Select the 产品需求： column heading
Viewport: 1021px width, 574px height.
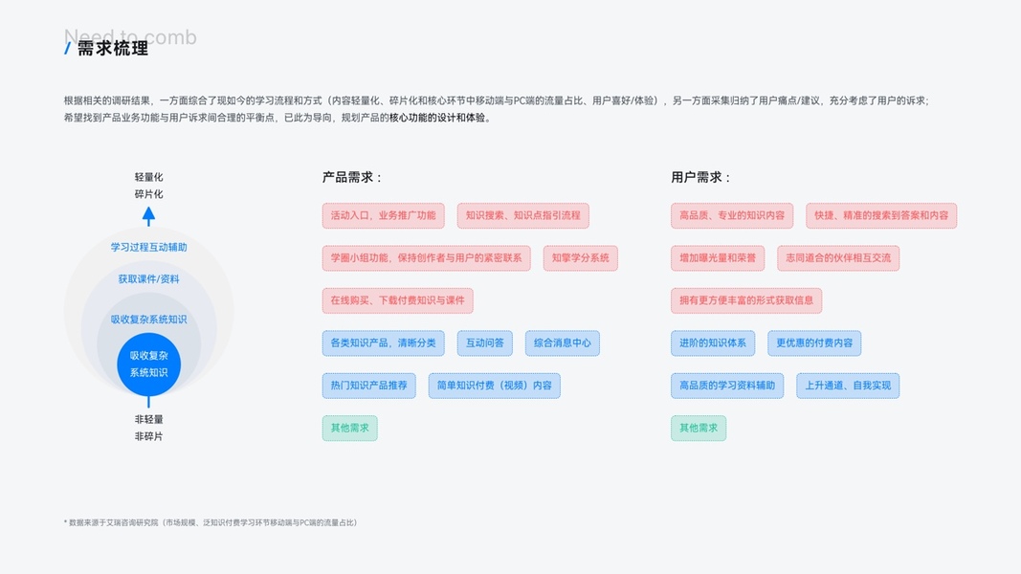352,177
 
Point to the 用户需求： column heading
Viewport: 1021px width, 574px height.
701,177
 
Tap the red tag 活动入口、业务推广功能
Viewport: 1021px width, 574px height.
383,215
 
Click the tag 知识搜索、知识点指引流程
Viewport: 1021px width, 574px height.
522,215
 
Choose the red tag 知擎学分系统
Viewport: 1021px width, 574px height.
580,258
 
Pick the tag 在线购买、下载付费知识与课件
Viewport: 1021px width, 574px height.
397,300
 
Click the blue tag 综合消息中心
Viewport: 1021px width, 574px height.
562,342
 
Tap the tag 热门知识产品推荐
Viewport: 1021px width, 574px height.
368,386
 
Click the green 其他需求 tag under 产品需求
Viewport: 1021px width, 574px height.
349,428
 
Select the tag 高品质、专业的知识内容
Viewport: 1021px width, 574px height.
732,215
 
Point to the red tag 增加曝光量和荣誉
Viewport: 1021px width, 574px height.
718,258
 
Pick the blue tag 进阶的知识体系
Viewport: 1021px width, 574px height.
713,342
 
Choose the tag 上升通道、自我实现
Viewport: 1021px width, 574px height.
847,386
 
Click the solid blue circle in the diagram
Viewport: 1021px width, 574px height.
148,364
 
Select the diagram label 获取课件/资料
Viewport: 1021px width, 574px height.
148,279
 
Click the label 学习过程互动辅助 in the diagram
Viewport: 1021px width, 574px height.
148,247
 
